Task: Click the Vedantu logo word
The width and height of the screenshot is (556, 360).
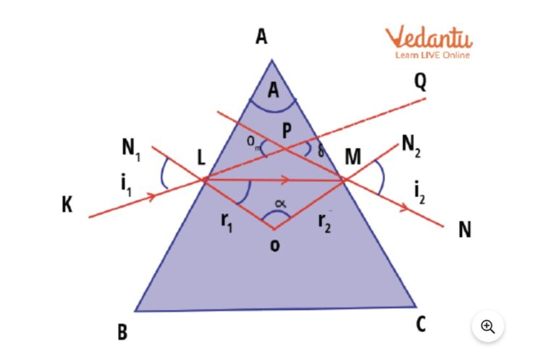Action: [x=429, y=37]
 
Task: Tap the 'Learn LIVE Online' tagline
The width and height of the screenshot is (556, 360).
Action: [x=433, y=55]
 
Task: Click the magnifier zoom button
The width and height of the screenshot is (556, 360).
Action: [x=487, y=326]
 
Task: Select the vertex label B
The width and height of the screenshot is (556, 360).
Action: [x=122, y=332]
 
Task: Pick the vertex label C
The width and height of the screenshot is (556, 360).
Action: [x=421, y=324]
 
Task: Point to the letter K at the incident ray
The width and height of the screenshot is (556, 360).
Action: [x=67, y=204]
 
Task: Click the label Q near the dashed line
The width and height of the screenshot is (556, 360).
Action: [x=420, y=82]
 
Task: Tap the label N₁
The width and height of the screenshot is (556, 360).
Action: [x=131, y=148]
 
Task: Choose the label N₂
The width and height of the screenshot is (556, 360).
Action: [x=411, y=145]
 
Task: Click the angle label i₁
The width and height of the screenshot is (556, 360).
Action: [x=126, y=185]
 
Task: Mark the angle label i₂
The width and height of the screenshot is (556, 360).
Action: [x=419, y=193]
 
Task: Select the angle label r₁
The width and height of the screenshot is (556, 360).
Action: [x=227, y=222]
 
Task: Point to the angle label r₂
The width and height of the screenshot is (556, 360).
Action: [x=324, y=223]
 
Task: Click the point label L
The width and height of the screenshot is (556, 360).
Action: [x=201, y=157]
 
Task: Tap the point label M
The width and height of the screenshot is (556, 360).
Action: [x=353, y=156]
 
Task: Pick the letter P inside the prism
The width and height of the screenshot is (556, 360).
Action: [x=287, y=130]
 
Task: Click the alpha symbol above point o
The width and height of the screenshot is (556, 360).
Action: [x=280, y=204]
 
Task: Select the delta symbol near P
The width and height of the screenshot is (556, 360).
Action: [x=321, y=151]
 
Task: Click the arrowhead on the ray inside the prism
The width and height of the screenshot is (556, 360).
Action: [x=285, y=180]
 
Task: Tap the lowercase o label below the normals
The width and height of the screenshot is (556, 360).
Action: [x=274, y=245]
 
